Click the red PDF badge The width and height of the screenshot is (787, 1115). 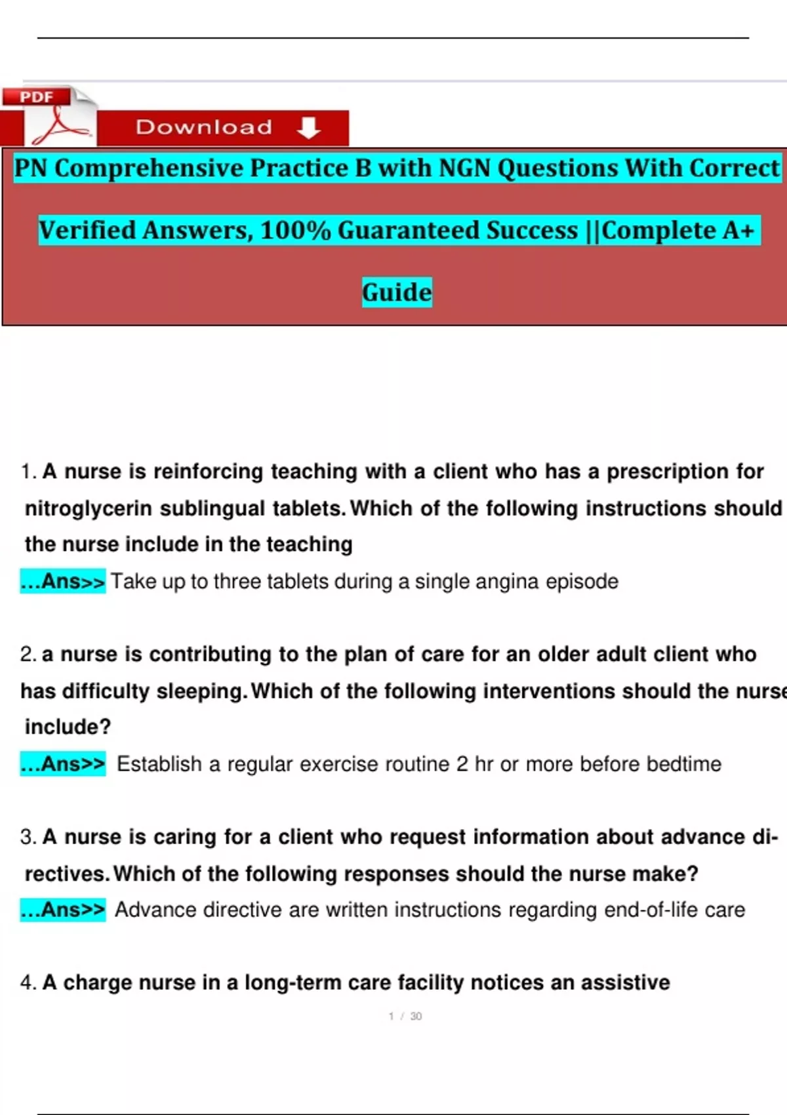37,97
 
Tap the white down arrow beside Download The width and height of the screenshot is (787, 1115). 308,127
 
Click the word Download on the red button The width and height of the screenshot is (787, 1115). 204,127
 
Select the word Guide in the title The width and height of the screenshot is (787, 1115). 397,292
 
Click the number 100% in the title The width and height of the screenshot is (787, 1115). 296,230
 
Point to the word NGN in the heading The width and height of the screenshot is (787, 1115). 464,168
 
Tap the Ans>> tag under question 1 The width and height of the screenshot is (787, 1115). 63,582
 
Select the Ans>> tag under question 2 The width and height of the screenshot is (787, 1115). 63,764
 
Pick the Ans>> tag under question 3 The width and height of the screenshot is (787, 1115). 63,910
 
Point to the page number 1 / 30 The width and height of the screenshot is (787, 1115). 405,1016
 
